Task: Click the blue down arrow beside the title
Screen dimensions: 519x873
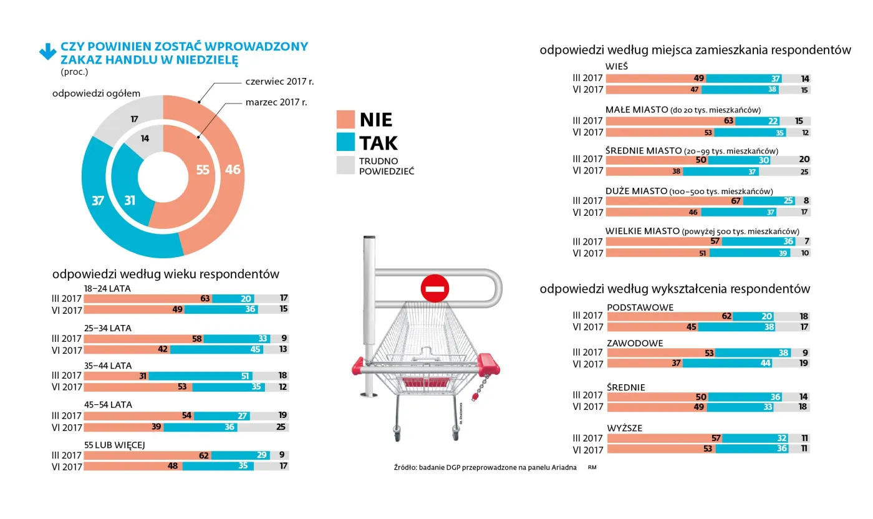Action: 47,52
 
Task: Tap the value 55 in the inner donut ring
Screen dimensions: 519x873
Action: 203,170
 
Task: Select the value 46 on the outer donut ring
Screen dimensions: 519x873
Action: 233,170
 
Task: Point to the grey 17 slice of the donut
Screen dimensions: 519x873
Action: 134,119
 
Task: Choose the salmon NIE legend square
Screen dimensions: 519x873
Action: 345,119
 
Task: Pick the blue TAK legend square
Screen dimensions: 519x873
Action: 345,143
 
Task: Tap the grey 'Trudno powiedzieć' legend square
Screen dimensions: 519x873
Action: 345,165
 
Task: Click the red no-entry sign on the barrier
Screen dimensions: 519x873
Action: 435,288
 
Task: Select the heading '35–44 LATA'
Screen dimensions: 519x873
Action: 108,366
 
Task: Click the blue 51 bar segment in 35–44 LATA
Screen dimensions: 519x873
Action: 201,376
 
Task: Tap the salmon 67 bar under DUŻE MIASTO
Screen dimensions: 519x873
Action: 673,201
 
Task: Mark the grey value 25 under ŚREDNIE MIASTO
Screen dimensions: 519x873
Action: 804,172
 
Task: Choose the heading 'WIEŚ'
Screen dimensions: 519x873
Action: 616,67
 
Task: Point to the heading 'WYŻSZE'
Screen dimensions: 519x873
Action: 624,428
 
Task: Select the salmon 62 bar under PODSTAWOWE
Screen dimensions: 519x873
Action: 668,316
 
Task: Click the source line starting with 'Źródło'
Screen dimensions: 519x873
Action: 485,467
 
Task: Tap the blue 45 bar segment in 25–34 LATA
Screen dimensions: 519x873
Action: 216,349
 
